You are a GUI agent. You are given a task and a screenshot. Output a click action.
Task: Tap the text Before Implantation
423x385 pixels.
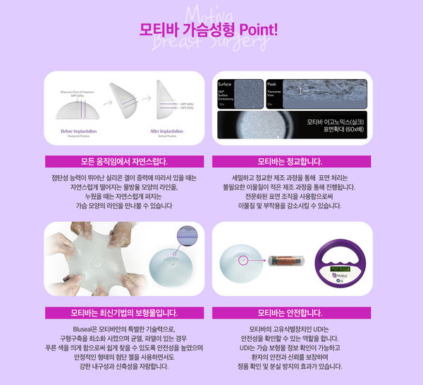tap(79, 131)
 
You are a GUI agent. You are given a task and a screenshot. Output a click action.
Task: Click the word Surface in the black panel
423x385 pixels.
tap(226, 84)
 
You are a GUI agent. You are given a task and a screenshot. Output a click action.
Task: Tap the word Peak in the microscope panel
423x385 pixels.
tap(274, 84)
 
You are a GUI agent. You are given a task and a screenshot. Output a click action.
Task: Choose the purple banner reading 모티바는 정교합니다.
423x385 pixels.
tap(290, 160)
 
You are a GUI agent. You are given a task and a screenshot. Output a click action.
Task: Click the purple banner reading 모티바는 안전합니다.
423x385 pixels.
tap(290, 312)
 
